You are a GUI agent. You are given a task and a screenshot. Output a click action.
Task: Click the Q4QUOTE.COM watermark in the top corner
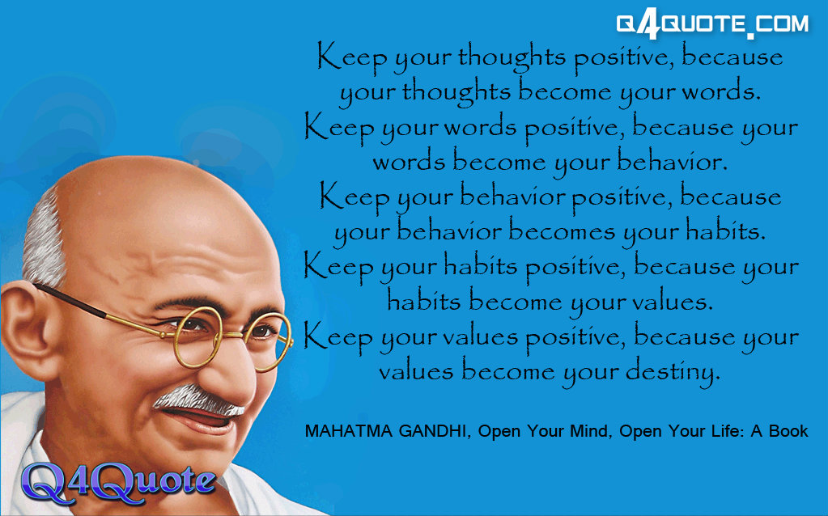[712, 25]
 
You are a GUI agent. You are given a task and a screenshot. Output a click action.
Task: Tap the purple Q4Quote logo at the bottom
[118, 482]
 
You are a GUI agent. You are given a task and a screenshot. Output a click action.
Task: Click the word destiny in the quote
[673, 372]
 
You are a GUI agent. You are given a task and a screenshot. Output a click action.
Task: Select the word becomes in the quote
[562, 231]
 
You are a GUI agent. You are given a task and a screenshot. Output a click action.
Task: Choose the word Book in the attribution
[788, 431]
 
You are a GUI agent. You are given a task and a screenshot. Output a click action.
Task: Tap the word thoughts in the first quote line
[512, 57]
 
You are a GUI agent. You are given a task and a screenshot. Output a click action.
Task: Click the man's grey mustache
[197, 400]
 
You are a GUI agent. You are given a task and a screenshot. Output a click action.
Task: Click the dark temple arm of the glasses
[71, 301]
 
